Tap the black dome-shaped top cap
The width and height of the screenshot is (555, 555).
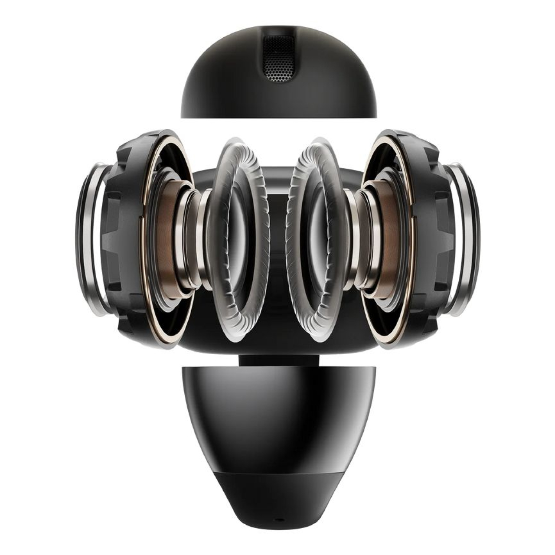click(225, 87)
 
